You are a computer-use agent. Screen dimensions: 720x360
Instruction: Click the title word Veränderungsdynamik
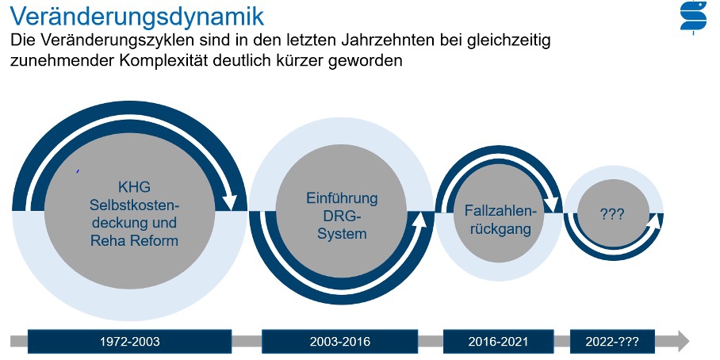137,16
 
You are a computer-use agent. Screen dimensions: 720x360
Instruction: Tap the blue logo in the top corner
693,17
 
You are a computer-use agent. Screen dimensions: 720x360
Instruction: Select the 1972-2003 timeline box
130,342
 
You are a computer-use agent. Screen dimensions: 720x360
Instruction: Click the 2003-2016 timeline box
340,342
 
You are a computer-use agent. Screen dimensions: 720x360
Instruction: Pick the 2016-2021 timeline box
498,342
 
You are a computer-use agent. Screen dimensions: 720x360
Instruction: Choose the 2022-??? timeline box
612,342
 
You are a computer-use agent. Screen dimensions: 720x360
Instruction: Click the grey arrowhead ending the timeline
684,342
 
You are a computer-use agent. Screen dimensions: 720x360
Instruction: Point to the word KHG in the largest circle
134,187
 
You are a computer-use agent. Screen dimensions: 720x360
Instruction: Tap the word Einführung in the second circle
342,198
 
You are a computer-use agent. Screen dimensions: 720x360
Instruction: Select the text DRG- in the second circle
342,216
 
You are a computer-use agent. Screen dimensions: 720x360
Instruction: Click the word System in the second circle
342,233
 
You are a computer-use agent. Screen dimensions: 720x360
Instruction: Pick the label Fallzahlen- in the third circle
500,211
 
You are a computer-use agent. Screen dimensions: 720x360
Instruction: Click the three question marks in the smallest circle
612,214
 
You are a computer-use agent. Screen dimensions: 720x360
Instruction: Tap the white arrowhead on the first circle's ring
230,201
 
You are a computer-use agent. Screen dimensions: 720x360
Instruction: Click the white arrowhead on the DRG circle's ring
420,220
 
